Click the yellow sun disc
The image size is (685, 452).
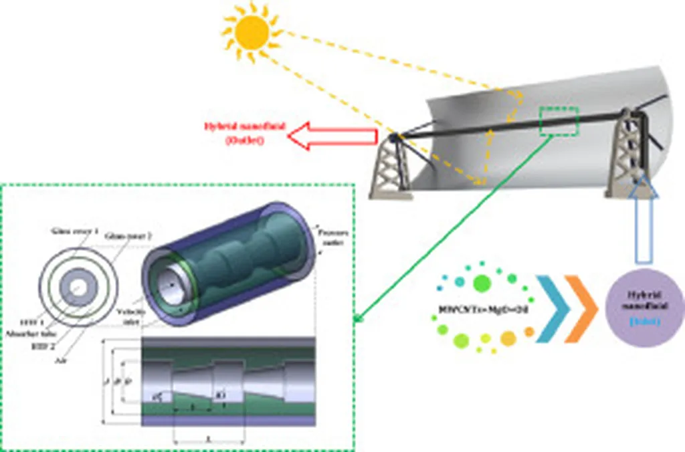252,31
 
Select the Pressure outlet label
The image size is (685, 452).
332,239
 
